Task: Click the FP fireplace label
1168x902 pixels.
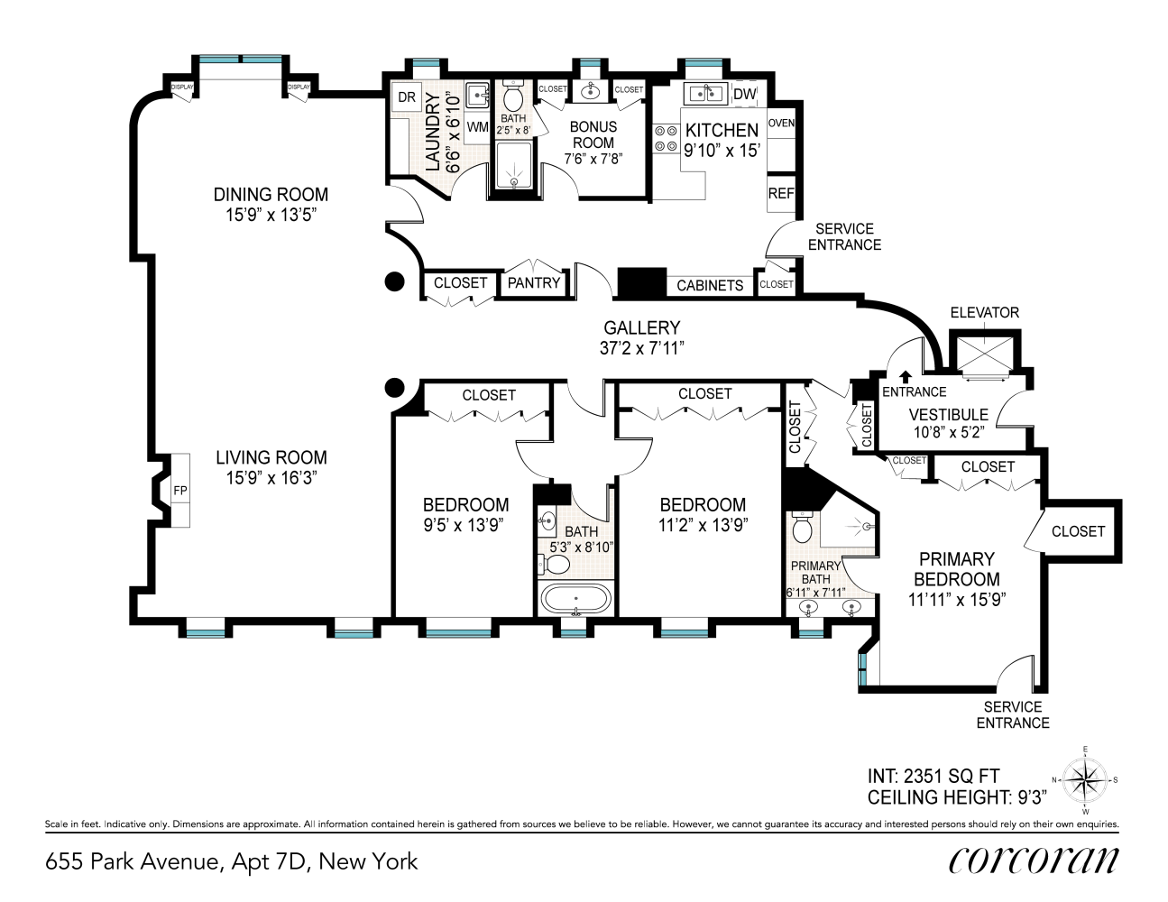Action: pos(180,490)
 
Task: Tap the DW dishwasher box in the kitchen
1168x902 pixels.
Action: pos(744,94)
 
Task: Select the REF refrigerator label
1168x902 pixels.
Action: pos(781,193)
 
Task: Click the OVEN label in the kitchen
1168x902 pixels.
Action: pos(781,123)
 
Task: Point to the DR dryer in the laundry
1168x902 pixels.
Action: pos(407,97)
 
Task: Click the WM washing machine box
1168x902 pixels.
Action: pos(477,127)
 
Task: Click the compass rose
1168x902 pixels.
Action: pos(1084,780)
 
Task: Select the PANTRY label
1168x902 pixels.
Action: pos(534,282)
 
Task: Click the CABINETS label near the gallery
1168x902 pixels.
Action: pos(710,285)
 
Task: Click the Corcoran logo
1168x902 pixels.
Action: pos(1033,861)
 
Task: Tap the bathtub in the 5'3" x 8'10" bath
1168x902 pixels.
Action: pos(575,599)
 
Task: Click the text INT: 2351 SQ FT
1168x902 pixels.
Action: pos(933,776)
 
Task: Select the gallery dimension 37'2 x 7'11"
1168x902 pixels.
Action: pos(642,348)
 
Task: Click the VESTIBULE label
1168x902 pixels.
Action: pos(948,415)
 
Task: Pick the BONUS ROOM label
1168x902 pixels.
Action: pos(593,134)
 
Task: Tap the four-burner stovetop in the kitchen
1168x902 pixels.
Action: pos(667,138)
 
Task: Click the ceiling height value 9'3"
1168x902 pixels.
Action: pos(1031,797)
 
